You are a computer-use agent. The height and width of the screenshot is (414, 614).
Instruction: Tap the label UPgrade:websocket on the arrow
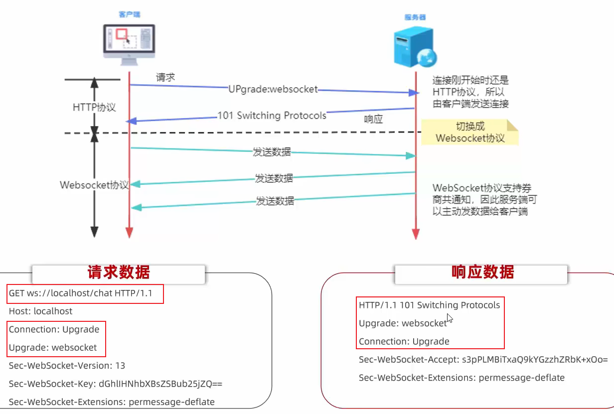coord(273,89)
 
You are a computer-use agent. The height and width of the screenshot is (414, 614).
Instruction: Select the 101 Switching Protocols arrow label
coord(272,116)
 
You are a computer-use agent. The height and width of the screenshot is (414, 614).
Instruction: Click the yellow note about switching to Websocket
coord(470,132)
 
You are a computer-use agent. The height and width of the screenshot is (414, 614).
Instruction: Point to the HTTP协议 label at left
coord(94,107)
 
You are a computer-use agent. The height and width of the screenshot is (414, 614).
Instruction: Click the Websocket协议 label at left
coord(94,185)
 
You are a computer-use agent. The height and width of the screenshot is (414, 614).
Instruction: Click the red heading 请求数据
coord(119,273)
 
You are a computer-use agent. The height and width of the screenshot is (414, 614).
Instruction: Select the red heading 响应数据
coord(482,272)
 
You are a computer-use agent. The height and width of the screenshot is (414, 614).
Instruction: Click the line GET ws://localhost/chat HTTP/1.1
coord(85,293)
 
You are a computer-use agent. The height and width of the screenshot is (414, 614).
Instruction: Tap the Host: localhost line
coord(40,311)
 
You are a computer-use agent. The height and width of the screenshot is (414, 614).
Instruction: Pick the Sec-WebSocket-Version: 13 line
coord(67,366)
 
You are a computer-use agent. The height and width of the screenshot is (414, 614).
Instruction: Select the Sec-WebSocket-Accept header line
coord(483,360)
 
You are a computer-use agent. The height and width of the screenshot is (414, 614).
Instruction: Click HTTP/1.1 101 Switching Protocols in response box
coord(429,305)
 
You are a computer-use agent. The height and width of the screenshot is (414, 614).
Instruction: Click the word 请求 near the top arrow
coord(165,77)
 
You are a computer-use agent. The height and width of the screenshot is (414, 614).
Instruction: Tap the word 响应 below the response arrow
coord(374,120)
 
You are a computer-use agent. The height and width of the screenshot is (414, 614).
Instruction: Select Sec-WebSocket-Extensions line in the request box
coord(112,402)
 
